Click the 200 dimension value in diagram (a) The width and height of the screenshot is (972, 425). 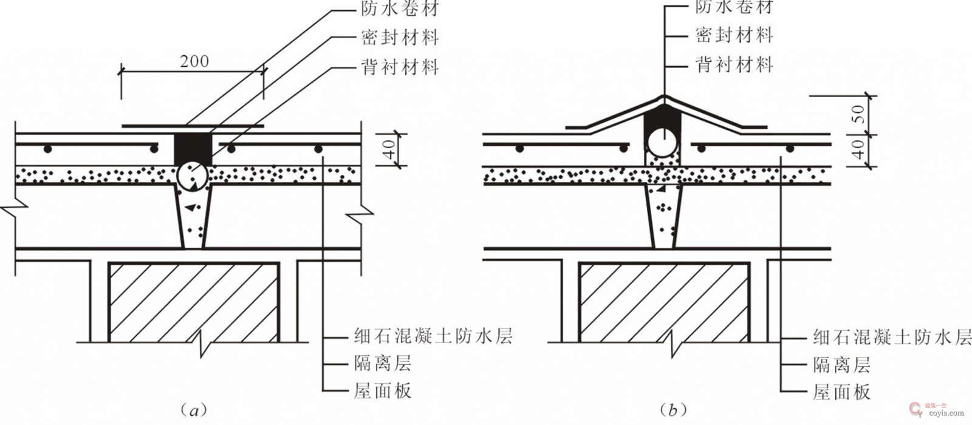(194, 61)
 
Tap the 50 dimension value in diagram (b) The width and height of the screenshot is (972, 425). (858, 114)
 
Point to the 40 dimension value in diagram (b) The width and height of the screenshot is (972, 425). (858, 149)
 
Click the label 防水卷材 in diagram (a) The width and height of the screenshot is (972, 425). (397, 8)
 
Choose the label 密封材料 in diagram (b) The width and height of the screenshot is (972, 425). (733, 35)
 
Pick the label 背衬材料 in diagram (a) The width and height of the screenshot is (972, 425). (397, 67)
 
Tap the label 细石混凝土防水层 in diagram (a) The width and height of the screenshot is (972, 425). (433, 335)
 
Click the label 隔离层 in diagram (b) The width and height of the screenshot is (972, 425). (841, 364)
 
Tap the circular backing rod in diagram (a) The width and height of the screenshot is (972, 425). (193, 176)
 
